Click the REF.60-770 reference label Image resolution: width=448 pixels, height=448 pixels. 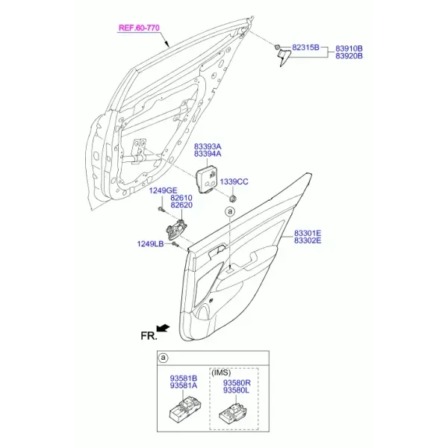[139, 28]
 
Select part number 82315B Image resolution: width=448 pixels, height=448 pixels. [305, 48]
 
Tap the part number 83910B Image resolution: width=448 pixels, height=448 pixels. [349, 49]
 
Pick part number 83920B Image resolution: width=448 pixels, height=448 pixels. [349, 56]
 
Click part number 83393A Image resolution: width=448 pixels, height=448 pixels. [208, 146]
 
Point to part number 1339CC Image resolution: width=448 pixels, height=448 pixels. [234, 181]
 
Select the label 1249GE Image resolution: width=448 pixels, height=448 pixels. [163, 190]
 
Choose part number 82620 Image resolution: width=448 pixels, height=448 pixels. [181, 205]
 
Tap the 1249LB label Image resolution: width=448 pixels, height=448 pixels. [150, 243]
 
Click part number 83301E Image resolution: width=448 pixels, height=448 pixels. [308, 234]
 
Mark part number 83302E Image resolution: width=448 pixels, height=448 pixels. [308, 240]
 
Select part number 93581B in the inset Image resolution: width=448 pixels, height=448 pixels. [184, 379]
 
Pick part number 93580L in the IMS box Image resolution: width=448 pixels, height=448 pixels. [236, 390]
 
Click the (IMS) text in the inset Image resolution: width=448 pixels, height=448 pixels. [221, 373]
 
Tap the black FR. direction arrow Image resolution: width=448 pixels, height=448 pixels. [164, 328]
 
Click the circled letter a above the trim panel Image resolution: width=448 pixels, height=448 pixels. [230, 212]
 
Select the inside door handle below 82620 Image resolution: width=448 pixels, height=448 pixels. [176, 230]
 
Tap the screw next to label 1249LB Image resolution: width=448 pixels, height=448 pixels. [175, 244]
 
